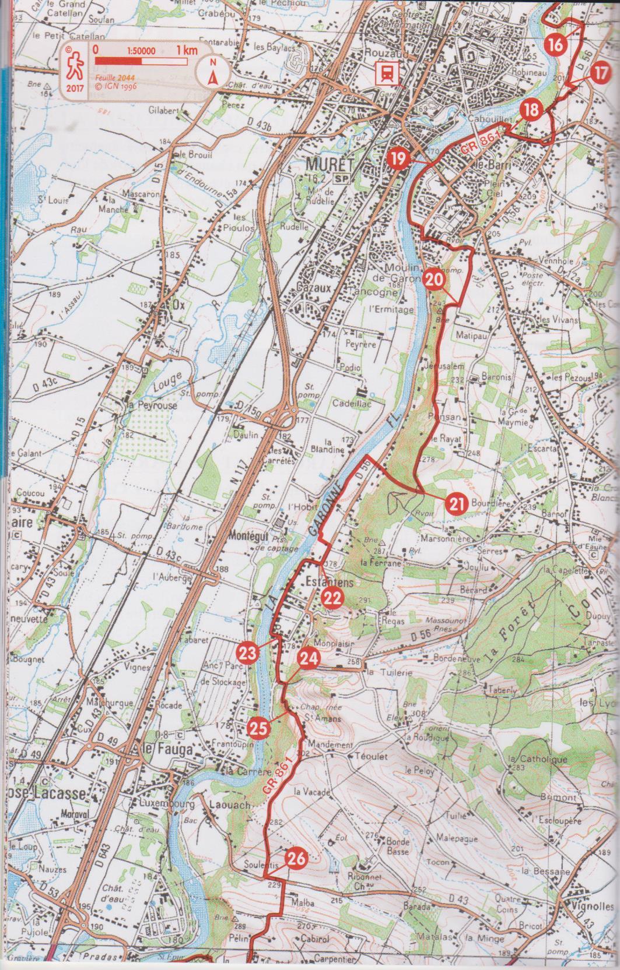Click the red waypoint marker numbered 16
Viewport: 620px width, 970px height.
[x=556, y=44]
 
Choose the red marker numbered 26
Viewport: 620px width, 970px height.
[x=296, y=858]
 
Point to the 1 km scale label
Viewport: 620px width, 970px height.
[x=188, y=51]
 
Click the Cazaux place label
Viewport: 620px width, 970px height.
[x=314, y=287]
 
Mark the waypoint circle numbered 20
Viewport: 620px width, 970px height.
[x=432, y=279]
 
